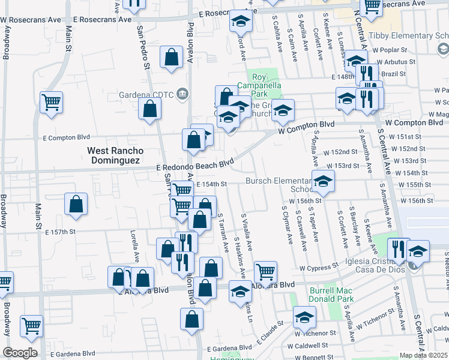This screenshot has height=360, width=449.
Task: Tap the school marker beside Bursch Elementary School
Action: (323, 181)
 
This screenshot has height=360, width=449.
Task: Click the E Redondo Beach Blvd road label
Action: (194, 165)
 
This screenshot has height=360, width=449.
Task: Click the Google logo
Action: (20, 353)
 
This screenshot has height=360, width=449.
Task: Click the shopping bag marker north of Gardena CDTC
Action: (172, 57)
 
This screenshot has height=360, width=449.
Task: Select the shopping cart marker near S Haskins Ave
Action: (265, 271)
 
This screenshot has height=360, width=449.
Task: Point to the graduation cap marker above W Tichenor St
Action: (304, 316)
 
